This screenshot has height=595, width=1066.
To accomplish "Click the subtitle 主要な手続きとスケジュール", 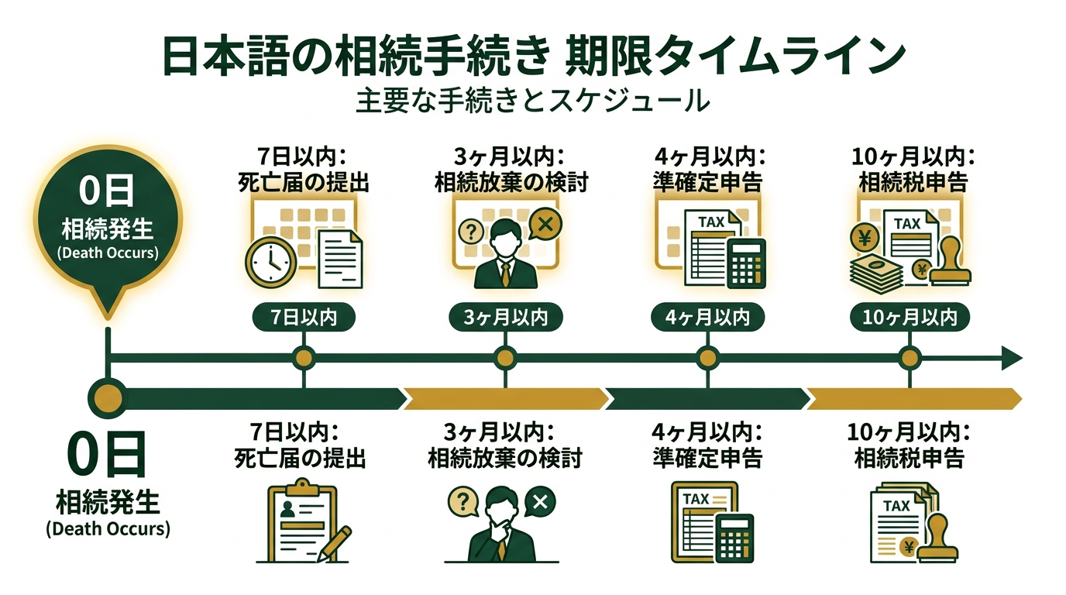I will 533,101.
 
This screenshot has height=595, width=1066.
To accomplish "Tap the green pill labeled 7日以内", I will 304,318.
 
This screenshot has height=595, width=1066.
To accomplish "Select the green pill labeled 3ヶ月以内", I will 506,318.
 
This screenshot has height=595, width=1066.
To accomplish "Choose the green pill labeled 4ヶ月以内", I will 707,318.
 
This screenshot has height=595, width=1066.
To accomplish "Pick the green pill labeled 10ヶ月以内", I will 910,318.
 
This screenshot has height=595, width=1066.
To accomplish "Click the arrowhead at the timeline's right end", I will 1011,358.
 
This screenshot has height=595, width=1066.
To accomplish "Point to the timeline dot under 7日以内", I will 304,358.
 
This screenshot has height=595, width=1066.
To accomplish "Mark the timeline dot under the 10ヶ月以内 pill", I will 910,358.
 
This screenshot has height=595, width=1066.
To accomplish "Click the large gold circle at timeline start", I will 107,397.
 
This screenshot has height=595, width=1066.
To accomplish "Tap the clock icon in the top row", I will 270,262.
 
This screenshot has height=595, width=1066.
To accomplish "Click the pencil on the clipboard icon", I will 335,542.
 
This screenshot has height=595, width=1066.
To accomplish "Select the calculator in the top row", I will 746,263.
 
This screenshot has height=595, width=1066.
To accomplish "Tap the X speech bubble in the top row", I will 545,225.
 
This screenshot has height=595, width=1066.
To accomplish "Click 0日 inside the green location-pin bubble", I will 107,191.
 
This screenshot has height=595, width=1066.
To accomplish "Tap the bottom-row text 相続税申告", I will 909,459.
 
